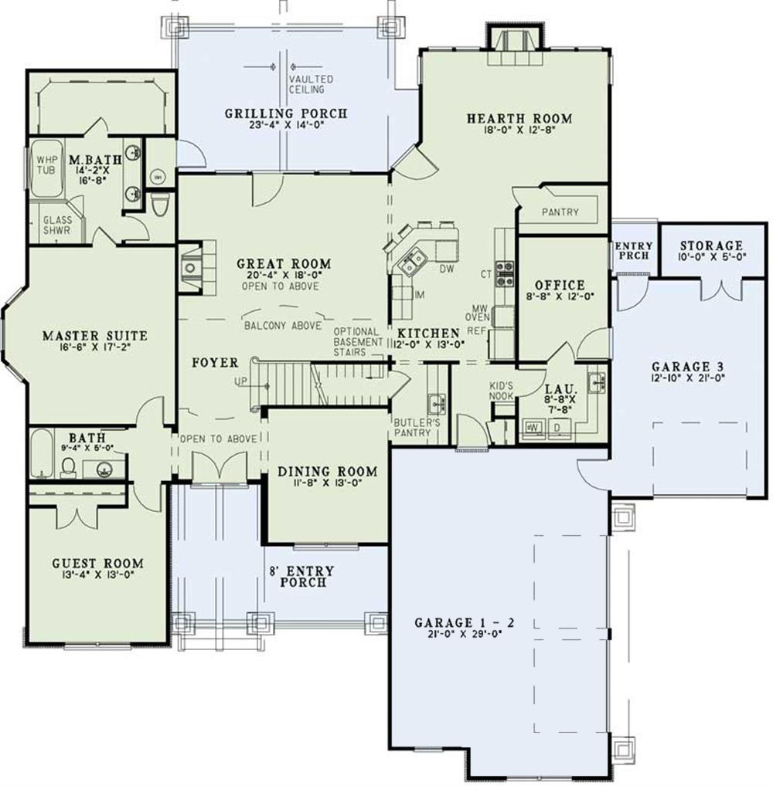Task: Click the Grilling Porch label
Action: (x=286, y=113)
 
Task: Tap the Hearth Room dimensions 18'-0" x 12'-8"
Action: (x=519, y=130)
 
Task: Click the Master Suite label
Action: (x=94, y=336)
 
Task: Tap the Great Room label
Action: (x=284, y=264)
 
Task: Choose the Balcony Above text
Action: (x=282, y=326)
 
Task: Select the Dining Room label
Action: (x=328, y=471)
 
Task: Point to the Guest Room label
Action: (x=97, y=564)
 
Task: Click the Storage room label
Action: (x=711, y=246)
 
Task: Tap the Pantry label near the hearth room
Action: (x=560, y=212)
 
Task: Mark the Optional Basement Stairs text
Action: (x=359, y=341)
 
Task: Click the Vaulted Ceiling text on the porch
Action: (x=312, y=84)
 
